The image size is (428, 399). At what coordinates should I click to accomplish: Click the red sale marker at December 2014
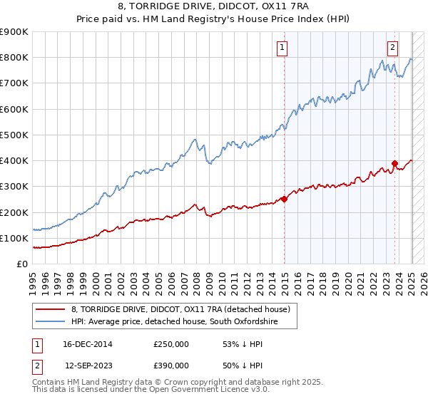coord(285,199)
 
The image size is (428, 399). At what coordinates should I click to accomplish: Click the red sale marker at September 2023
coord(394,162)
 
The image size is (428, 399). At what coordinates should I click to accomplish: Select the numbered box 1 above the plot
coord(282,48)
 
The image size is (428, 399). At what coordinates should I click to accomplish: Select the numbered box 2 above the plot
coord(392,48)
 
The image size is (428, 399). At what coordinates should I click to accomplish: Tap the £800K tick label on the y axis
coord(14,58)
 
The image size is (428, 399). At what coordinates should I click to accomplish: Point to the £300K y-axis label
coord(14,187)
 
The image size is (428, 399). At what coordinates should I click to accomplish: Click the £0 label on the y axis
coord(21,264)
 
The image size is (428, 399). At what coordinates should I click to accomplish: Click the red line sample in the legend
coord(51,310)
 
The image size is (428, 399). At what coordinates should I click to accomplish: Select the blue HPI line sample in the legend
coord(51,323)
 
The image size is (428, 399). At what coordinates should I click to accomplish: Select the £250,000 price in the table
coord(171,344)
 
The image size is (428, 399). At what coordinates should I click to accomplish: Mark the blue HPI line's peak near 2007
coord(193,139)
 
